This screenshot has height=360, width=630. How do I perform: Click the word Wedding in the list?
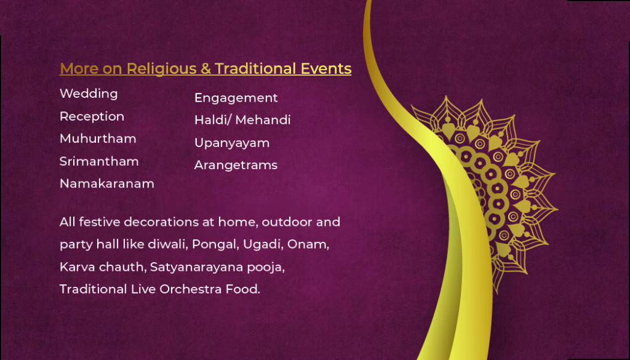pos(89,94)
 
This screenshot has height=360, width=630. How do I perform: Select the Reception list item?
pos(92,117)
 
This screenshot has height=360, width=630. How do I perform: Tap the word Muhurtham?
pos(98,138)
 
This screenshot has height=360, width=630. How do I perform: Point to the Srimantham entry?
pos(99,161)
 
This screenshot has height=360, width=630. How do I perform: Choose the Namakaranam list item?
pos(107,183)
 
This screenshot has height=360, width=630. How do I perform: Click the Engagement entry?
pos(236,98)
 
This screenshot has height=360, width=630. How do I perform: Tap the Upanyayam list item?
pos(232,143)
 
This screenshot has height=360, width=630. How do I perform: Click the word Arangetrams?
pos(236,165)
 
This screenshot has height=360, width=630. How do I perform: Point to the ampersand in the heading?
pos(205,69)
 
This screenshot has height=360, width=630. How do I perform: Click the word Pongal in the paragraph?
pos(215,245)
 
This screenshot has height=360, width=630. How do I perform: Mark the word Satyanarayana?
pos(196,267)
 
